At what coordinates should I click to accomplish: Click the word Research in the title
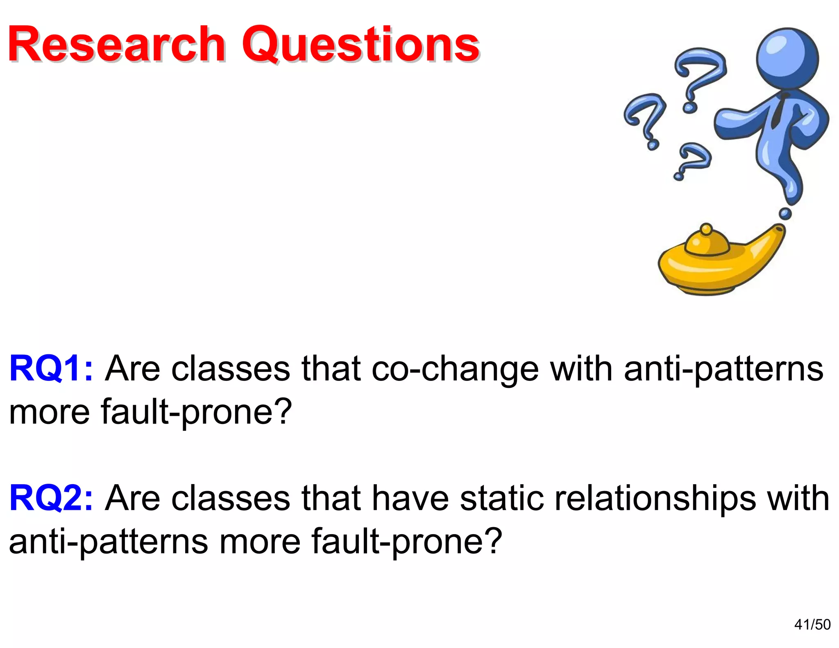point(117,44)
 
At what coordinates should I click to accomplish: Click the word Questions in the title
point(361,44)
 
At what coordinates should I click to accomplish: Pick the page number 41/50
point(812,624)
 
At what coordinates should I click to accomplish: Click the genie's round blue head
point(787,58)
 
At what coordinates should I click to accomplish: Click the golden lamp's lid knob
point(706,229)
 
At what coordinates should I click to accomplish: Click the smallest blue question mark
point(692,160)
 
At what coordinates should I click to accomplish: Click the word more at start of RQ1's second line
point(49,412)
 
